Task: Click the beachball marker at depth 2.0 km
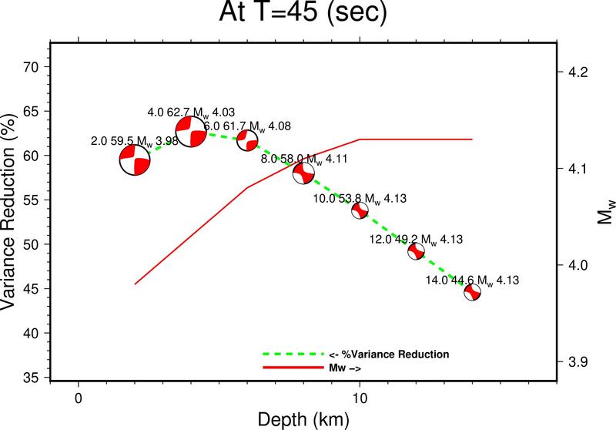point(135,160)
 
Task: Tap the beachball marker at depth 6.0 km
point(247,140)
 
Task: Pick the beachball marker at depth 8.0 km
point(303,173)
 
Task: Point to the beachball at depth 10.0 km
point(360,210)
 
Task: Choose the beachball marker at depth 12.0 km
point(417,251)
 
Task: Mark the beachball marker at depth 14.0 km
point(473,292)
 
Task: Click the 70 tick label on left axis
point(30,66)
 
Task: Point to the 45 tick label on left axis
point(30,289)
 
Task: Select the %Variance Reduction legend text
point(389,354)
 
